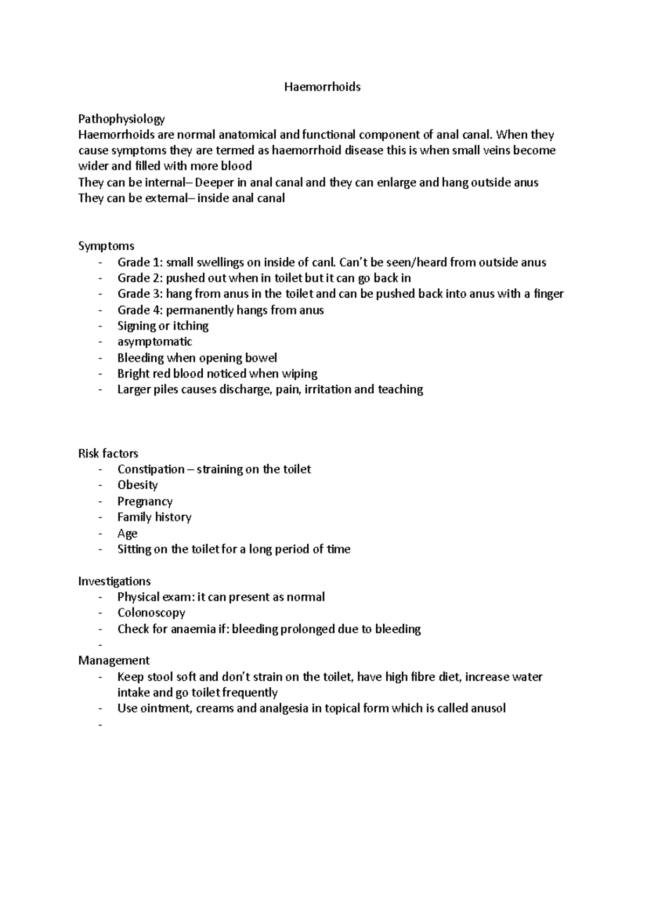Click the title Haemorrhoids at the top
tap(322, 87)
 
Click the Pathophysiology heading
tap(121, 119)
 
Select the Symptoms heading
tap(106, 246)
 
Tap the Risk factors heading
tap(108, 453)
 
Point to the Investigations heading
tap(114, 581)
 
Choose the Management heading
tap(114, 660)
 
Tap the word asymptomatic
tap(155, 341)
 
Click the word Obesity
tap(137, 485)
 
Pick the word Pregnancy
tap(145, 501)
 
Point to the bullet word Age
tap(127, 534)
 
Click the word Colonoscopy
tap(152, 613)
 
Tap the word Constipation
tap(151, 469)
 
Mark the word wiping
tap(300, 374)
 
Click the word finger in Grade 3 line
tap(548, 294)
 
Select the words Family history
tap(155, 517)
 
